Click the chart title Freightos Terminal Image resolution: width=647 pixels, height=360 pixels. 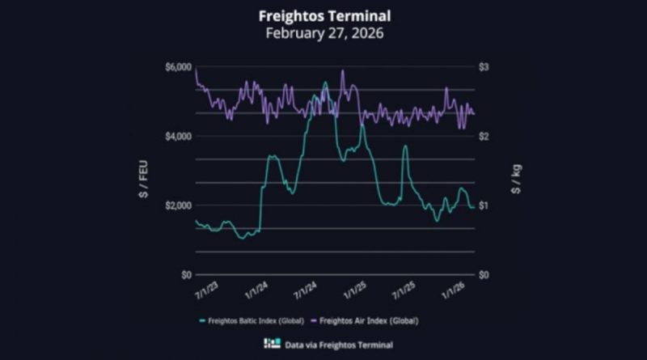pos(323,15)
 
